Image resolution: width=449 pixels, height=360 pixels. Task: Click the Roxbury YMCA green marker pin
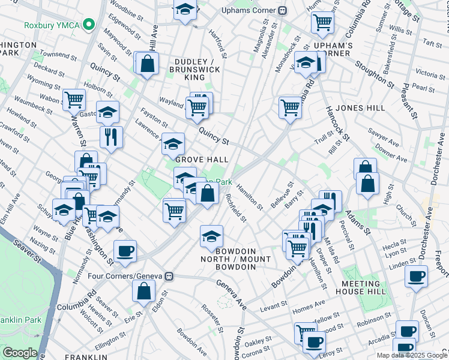click(89, 25)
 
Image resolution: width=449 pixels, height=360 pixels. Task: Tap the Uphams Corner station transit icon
click(283, 11)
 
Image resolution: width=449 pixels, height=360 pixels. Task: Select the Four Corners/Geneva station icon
click(170, 276)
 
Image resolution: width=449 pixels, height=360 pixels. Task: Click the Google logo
click(20, 352)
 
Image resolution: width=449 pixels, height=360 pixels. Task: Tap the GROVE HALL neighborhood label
click(202, 160)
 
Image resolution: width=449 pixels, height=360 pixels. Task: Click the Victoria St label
click(430, 74)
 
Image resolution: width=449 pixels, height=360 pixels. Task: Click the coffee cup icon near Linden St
click(416, 276)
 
